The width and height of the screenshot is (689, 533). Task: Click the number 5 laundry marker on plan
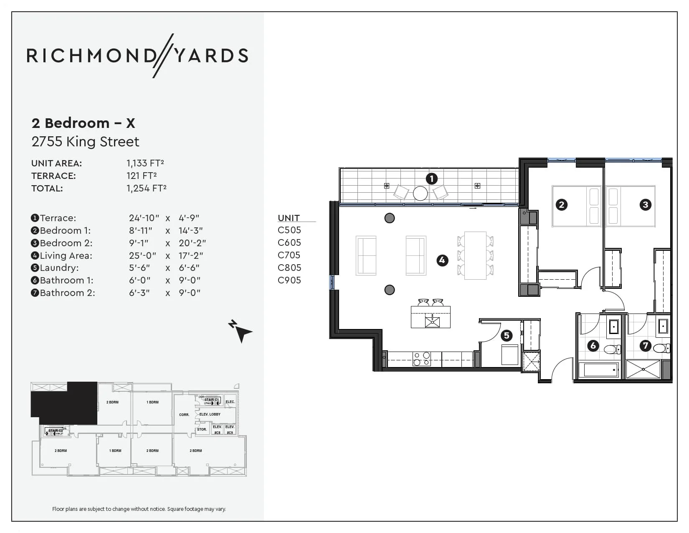(507, 335)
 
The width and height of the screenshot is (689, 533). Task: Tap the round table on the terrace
(420, 193)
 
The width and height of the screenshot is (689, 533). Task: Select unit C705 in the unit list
(289, 255)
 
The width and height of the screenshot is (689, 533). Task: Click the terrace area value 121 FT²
(142, 176)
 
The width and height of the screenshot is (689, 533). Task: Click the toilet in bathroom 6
(612, 349)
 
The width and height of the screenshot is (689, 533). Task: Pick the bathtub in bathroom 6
(598, 370)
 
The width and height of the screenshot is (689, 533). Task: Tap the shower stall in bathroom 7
(643, 369)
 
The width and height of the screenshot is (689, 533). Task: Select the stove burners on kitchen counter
(421, 359)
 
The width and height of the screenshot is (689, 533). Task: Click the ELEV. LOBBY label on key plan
(210, 414)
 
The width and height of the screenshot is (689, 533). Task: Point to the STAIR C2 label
(56, 431)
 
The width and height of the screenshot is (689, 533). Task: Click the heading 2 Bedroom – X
(84, 123)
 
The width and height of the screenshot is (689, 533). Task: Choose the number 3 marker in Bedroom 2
(646, 204)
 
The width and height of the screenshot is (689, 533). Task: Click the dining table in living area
(475, 255)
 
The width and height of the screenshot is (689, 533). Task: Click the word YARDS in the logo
(211, 56)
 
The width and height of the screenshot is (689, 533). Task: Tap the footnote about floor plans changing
(139, 509)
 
